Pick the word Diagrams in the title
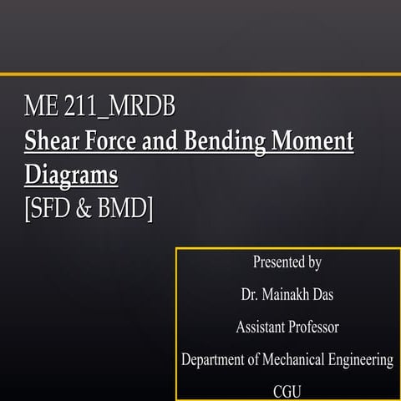[x=70, y=176]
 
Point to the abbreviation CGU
[x=287, y=391]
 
